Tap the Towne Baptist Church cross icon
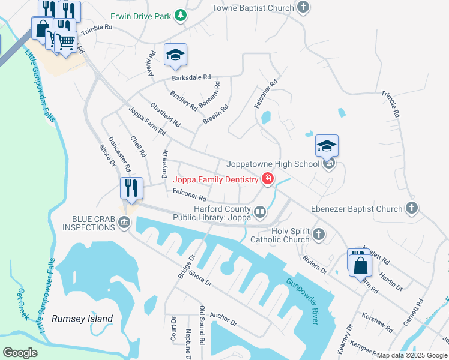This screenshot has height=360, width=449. pos(304,8)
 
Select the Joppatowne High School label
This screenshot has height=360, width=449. pos(273,164)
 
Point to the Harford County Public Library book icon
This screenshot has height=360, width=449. pos(260,211)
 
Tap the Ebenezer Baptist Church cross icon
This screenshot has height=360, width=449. pos(411,209)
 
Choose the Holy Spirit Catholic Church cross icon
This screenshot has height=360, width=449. pos(319,234)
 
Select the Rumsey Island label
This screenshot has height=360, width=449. pos(82,319)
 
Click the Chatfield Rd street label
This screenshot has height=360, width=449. pos(166,115)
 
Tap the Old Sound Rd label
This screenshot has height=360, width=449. pos(202,324)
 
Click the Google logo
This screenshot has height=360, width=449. pos(20,353)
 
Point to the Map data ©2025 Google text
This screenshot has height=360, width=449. pos(412,355)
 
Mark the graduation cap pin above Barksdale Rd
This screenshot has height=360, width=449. pos(175,55)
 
